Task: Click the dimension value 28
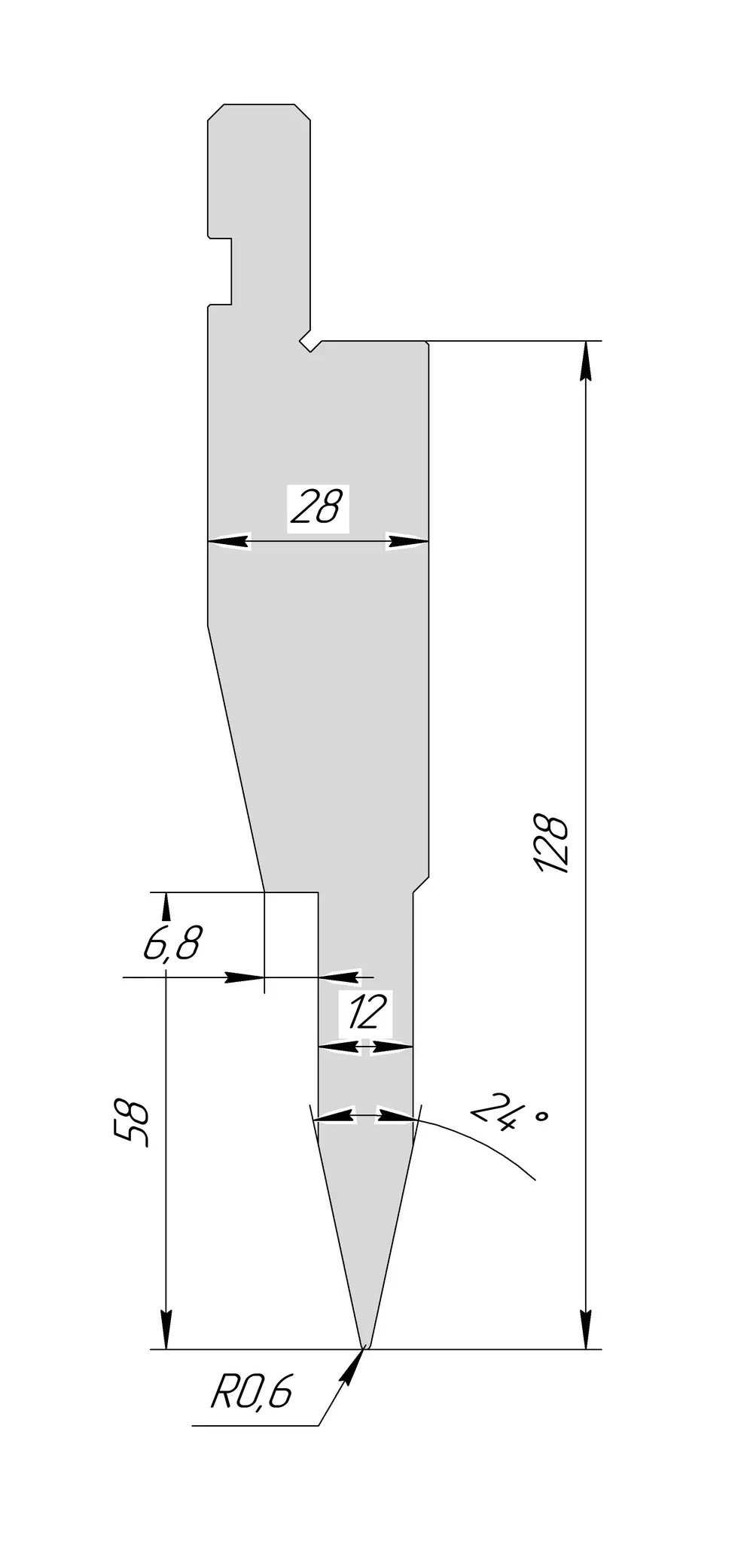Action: pyautogui.click(x=316, y=507)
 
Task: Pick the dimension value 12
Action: pyautogui.click(x=367, y=1012)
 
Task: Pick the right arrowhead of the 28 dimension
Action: pyautogui.click(x=407, y=540)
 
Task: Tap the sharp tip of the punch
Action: pyautogui.click(x=365, y=1346)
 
